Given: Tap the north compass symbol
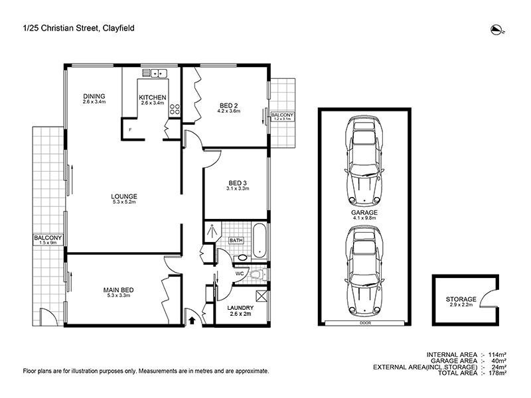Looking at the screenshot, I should click(x=495, y=28).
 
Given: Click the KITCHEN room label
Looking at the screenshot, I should click(x=152, y=98).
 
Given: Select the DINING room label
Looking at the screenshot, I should click(x=94, y=96).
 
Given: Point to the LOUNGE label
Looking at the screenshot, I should click(x=124, y=196).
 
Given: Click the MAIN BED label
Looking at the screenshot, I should click(x=115, y=289).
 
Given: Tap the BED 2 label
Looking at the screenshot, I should click(x=229, y=105).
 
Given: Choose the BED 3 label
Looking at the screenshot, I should click(x=237, y=182).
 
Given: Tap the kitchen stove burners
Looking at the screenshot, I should click(x=175, y=110).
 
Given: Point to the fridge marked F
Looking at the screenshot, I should click(x=130, y=129).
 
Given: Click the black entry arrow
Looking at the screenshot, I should click(x=192, y=320).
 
